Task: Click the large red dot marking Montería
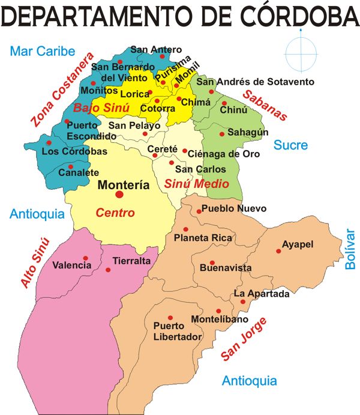[x=119, y=195]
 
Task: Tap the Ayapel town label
[x=298, y=245]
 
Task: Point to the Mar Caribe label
[x=42, y=51]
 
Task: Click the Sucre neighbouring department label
[x=290, y=145]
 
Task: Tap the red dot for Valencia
[x=86, y=258]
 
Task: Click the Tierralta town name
[x=131, y=261]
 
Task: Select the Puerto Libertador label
[x=178, y=332]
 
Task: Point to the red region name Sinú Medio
[x=197, y=184]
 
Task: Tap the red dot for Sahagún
[x=222, y=134]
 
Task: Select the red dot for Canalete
[x=70, y=166]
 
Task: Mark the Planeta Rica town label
[x=203, y=238]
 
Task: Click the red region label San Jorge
[x=244, y=340]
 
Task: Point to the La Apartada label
[x=262, y=294]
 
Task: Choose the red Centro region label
[x=115, y=213]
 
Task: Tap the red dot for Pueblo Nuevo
[x=199, y=211]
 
